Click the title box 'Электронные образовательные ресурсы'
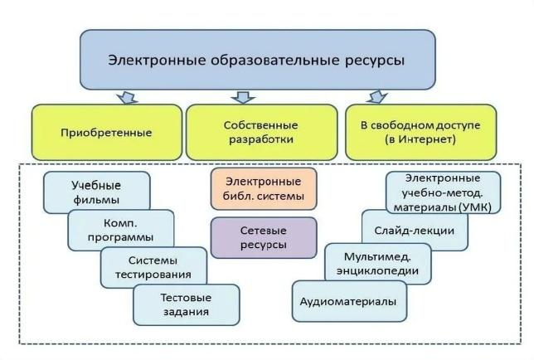(258, 60)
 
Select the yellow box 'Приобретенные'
(107, 132)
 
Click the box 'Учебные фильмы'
(97, 192)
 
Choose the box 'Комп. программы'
(121, 230)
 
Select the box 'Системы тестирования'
(154, 267)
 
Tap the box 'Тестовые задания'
(186, 304)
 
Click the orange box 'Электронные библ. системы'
(264, 189)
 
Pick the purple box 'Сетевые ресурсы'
(264, 237)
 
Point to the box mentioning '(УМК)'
(444, 192)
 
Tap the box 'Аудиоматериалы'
(349, 301)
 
